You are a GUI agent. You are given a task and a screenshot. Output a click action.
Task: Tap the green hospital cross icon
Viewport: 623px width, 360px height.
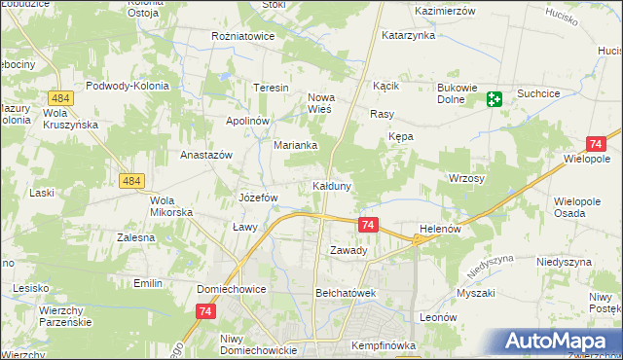tap(494, 98)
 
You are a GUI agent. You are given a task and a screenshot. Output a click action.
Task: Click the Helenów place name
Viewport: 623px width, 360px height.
tap(438, 230)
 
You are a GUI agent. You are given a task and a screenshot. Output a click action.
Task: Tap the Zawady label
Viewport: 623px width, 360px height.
tap(348, 250)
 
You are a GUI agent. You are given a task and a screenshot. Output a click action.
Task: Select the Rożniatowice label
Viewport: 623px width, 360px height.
tap(244, 36)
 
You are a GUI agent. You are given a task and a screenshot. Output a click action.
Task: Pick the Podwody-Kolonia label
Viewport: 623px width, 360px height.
tap(128, 86)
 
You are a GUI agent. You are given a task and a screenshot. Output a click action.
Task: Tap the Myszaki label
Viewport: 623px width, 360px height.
tap(475, 293)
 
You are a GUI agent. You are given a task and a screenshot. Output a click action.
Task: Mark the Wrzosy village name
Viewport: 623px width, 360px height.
tap(466, 179)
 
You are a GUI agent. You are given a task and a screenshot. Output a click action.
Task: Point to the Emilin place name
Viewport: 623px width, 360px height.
tap(148, 283)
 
